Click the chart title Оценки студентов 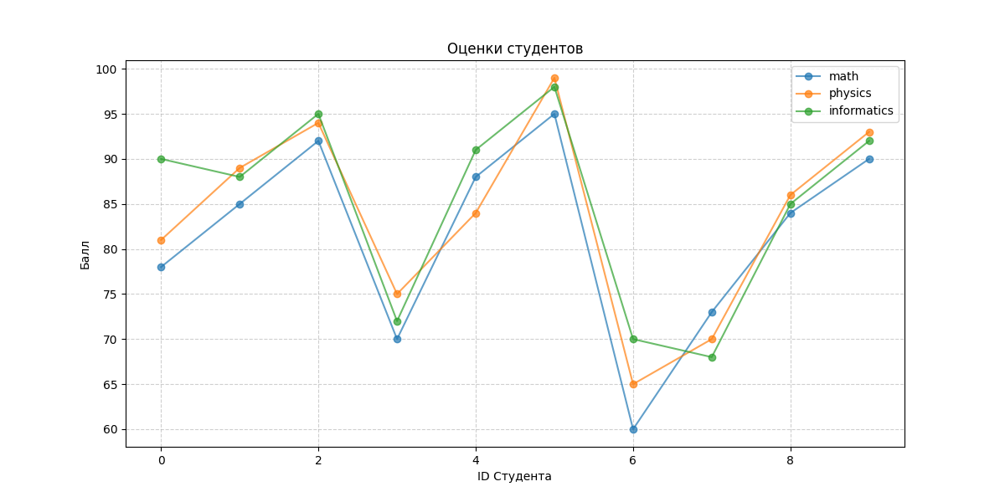click(x=514, y=49)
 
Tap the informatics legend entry click(x=861, y=110)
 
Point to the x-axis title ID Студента click(x=514, y=477)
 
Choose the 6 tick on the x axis click(x=633, y=459)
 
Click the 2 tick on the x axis click(x=318, y=459)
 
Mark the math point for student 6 click(x=633, y=429)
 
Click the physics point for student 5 click(x=554, y=78)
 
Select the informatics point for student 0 click(x=161, y=159)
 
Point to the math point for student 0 click(x=161, y=267)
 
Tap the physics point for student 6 click(x=633, y=384)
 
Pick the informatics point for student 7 click(x=712, y=357)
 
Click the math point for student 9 click(x=869, y=159)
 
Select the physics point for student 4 click(x=476, y=213)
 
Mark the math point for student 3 click(x=397, y=339)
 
